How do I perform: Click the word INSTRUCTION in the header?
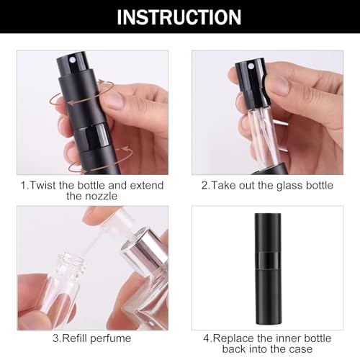(179, 17)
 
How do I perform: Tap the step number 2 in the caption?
(204, 185)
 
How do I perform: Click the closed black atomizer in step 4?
(270, 274)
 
